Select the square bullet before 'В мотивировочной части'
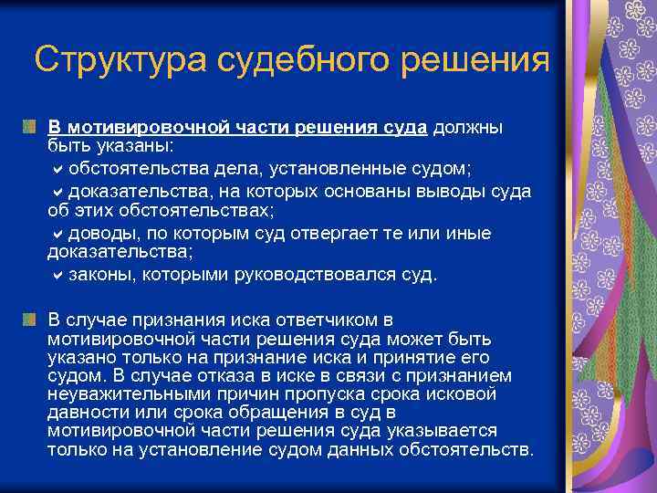click(30, 124)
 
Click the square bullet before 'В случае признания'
click(30, 319)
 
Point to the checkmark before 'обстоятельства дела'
click(57, 169)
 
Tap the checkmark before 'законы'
click(57, 274)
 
